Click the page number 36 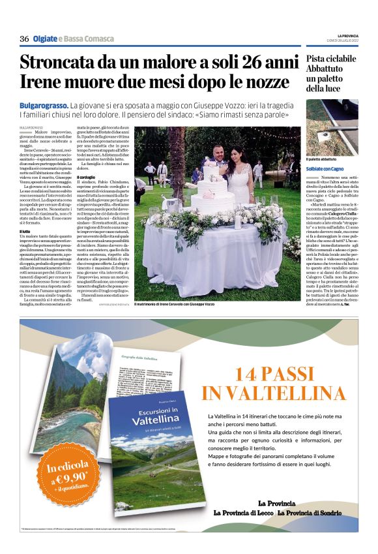click(x=24, y=39)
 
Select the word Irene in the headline click(x=40, y=85)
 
